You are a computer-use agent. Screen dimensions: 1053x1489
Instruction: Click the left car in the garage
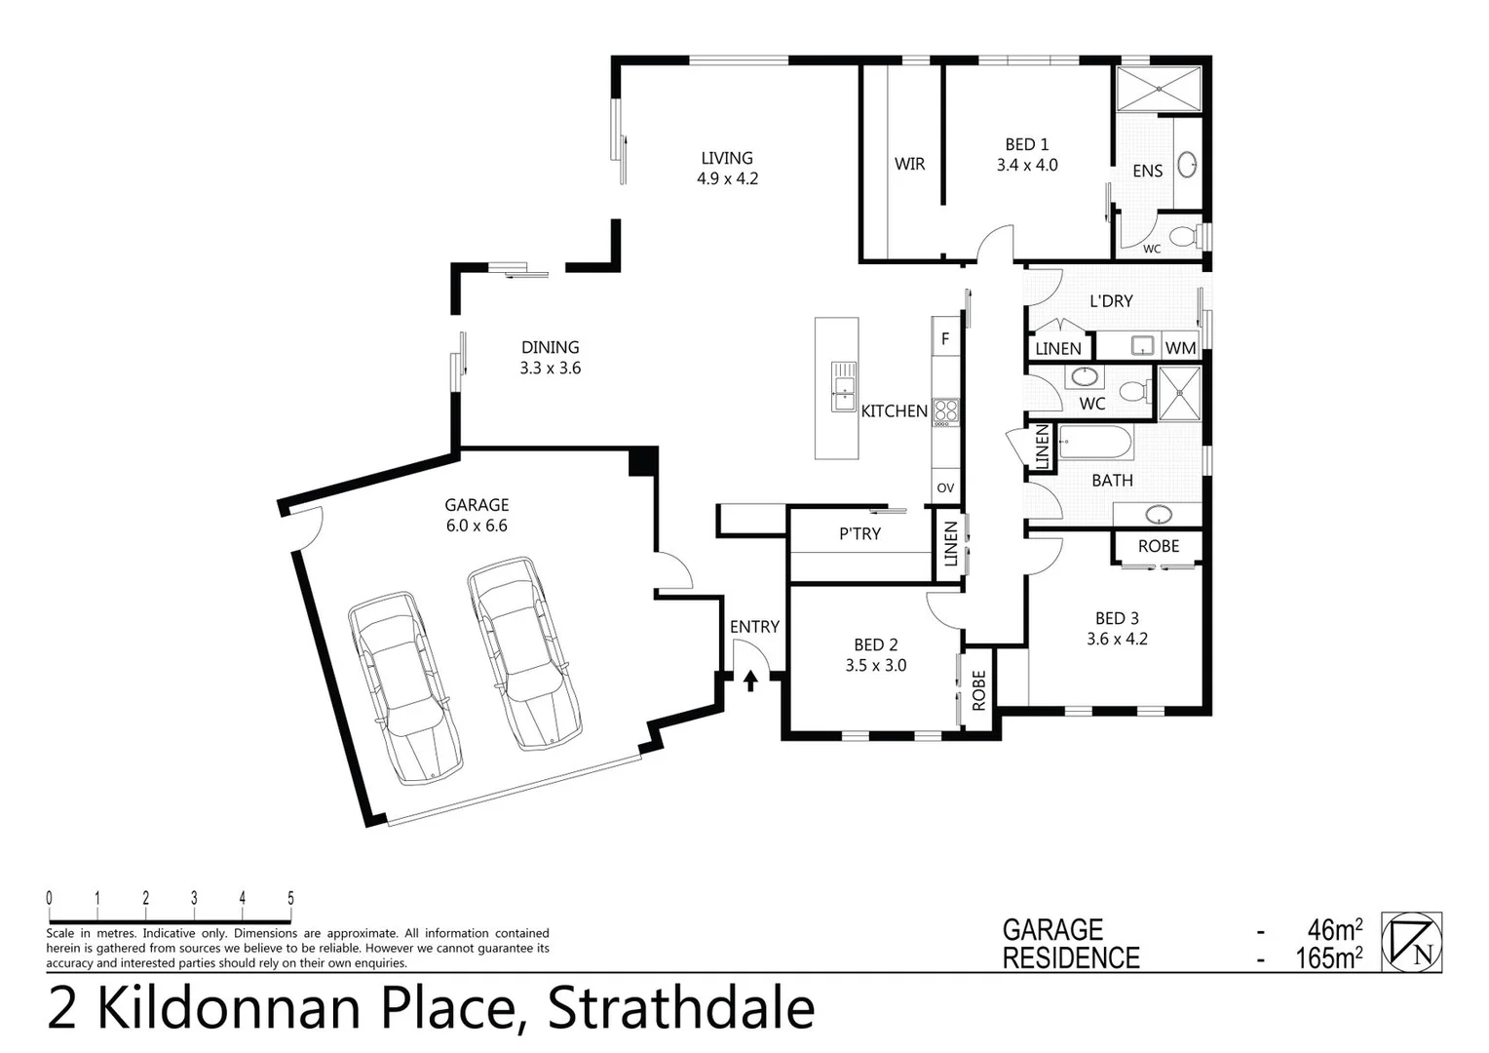point(404,686)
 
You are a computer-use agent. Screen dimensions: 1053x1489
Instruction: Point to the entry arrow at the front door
point(750,680)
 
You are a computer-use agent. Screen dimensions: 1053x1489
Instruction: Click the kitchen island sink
point(843,386)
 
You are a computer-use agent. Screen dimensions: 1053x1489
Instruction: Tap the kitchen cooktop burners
point(945,411)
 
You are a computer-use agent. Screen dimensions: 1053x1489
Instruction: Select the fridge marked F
point(945,340)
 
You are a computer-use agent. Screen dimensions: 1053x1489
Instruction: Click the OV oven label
point(945,487)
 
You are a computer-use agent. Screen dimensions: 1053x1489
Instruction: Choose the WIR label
point(909,164)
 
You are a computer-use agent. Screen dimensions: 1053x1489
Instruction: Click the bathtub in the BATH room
point(1095,442)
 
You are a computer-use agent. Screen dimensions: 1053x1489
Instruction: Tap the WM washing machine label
point(1180,348)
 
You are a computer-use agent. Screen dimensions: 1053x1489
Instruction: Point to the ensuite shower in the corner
point(1158,89)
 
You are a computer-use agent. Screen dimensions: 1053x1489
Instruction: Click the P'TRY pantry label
point(859,534)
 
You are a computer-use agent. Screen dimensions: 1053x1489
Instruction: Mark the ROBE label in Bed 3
point(1159,546)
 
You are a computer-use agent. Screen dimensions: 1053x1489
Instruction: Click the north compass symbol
point(1412,942)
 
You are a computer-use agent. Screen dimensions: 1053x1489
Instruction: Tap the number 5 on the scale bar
point(290,898)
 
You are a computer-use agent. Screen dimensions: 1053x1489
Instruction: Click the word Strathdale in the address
point(681,1009)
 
